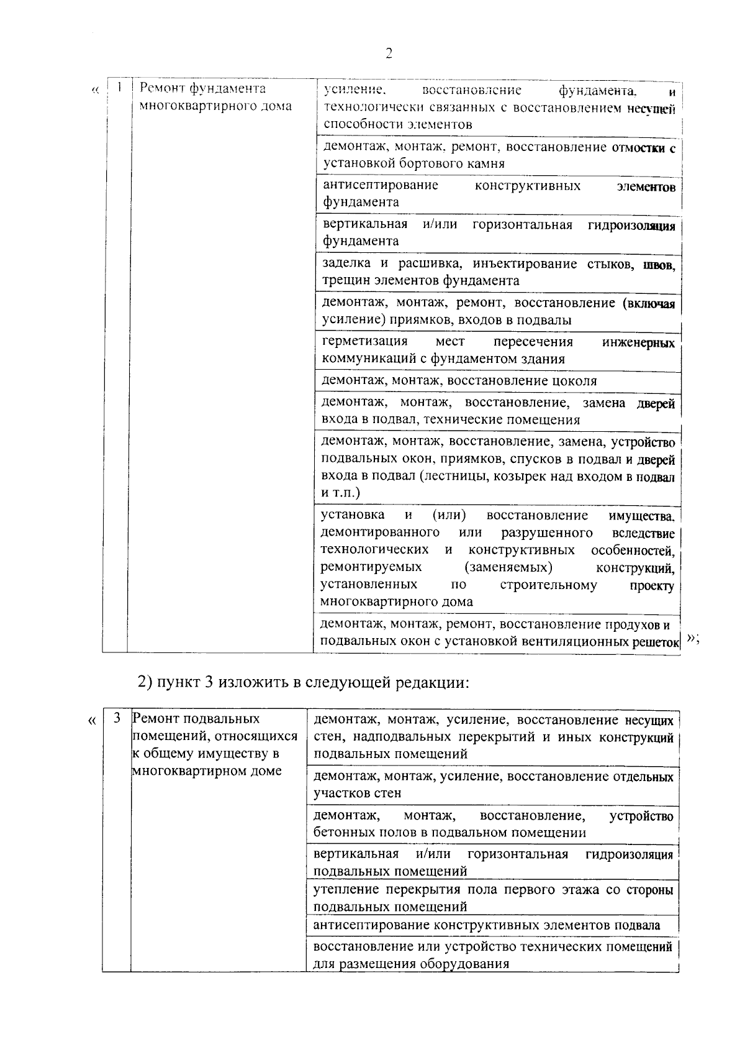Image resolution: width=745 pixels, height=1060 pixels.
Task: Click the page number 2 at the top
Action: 389,53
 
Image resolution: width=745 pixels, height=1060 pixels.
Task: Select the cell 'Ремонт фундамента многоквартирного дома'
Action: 215,97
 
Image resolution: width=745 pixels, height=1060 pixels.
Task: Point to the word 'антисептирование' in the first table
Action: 380,185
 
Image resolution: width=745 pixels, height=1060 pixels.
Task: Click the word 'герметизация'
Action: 364,342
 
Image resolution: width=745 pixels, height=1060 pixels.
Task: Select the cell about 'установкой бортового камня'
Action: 497,155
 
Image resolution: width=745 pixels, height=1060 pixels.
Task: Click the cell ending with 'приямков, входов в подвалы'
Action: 497,311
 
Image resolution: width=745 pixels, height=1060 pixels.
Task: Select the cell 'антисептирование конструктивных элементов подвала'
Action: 487,925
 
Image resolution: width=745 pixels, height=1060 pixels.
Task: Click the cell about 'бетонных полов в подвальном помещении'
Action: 493,824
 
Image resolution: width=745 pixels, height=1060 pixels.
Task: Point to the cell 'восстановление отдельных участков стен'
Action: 493,785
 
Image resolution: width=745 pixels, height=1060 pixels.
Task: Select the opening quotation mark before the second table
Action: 92,721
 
